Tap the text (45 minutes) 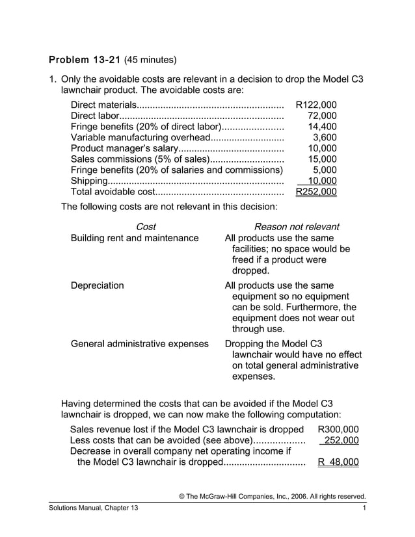150,60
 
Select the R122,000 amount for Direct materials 316,105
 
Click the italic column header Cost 146,227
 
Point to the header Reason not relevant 296,227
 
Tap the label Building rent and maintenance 135,238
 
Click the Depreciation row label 97,285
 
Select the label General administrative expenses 139,343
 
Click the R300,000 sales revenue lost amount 338,429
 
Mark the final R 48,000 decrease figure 338,462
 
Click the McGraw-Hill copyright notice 272,497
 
